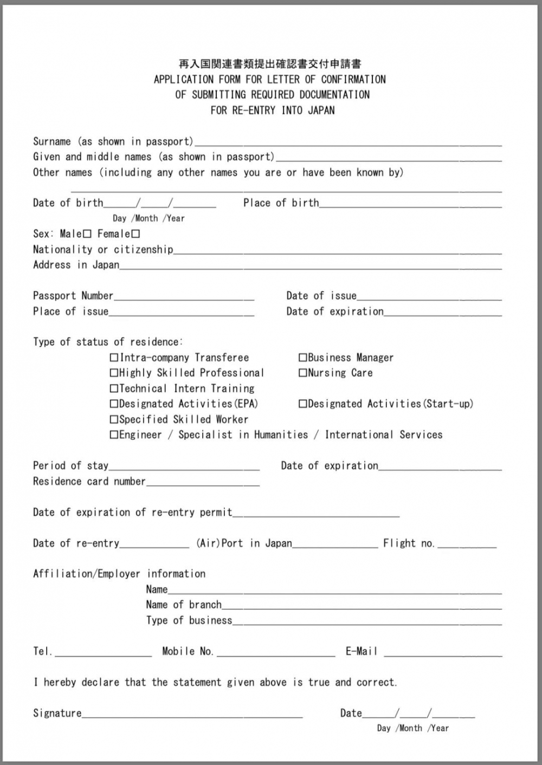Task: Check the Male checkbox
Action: coord(87,234)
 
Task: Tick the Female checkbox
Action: coord(135,234)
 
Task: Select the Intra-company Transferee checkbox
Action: coord(114,358)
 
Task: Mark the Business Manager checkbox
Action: coord(303,358)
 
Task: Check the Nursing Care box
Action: coord(303,373)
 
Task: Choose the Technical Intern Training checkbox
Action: coord(114,388)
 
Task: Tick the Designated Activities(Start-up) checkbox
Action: coord(303,404)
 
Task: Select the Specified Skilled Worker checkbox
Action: coord(114,419)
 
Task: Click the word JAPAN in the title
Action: coord(321,111)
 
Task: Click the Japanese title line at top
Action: coord(270,64)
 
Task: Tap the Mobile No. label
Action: coord(188,651)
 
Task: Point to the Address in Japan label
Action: coord(76,265)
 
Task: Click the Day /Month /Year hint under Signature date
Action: coord(413,729)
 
